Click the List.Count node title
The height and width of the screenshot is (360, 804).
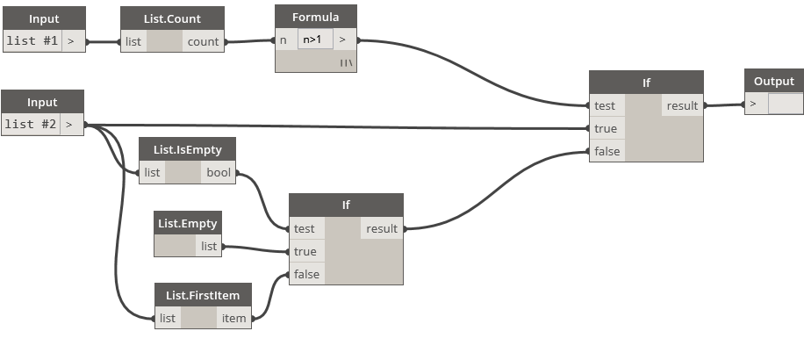coord(172,18)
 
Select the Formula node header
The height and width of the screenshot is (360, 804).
coord(315,17)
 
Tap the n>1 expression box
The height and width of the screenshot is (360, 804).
coord(314,40)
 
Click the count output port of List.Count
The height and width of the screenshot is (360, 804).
coord(203,41)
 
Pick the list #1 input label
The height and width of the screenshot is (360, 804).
coord(32,40)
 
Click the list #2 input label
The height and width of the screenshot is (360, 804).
coord(31,124)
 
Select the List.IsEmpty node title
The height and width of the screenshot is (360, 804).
coord(187,149)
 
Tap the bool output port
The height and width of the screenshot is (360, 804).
coord(219,172)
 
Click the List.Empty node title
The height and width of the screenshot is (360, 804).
coord(187,223)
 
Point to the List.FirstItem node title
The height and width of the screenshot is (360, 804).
coord(203,295)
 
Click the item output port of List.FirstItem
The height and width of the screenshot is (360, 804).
coord(233,318)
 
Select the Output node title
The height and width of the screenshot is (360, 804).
coord(773,82)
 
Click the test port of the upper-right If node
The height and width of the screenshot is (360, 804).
coord(605,105)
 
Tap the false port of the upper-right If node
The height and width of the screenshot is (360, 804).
coord(607,151)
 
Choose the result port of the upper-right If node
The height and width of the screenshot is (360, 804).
coord(682,105)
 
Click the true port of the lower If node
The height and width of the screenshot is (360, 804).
coord(305,251)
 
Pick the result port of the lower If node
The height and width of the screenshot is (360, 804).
coord(382,228)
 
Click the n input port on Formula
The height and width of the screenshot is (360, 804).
coord(284,40)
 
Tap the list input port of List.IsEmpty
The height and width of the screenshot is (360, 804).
coord(152,172)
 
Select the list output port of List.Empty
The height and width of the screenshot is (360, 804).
coord(209,246)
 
